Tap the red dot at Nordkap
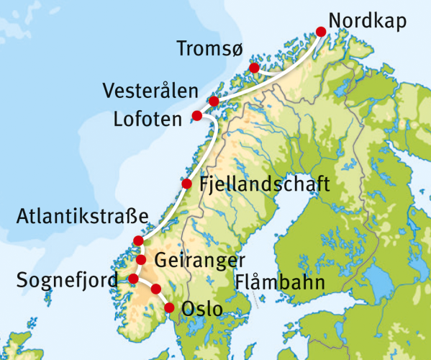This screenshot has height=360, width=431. [x=321, y=30]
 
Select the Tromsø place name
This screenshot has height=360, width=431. [x=211, y=49]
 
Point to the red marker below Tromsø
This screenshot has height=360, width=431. [x=253, y=68]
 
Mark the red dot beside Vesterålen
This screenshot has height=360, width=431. [x=213, y=101]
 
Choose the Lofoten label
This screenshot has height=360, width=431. [x=147, y=119]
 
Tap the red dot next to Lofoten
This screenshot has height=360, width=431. [x=197, y=116]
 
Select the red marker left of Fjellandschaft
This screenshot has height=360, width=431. [x=187, y=184]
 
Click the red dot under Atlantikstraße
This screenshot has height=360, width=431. [x=138, y=240]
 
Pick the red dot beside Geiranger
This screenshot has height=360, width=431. [x=142, y=260]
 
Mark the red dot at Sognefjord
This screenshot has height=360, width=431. [x=133, y=279]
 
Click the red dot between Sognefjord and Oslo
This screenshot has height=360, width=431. [x=156, y=289]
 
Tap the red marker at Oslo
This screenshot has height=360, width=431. [x=170, y=308]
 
